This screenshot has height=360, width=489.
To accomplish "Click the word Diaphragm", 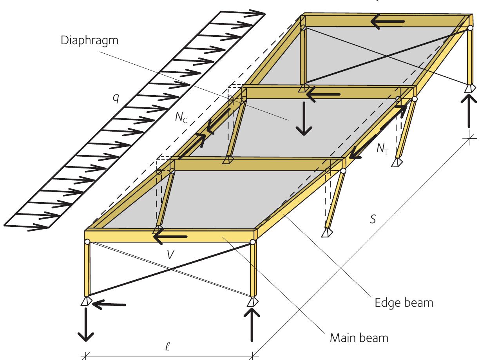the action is (x=89, y=41).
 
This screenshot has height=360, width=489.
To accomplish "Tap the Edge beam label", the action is (x=404, y=303).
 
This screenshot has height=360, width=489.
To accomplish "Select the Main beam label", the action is (x=359, y=338).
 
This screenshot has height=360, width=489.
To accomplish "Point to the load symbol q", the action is (x=116, y=99).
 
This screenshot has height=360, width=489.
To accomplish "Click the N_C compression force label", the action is (x=181, y=118).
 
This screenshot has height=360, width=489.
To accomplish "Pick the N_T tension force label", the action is (x=382, y=149).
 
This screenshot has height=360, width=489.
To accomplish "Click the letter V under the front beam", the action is (x=170, y=255).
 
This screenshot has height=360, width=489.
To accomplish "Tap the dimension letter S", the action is (x=373, y=219).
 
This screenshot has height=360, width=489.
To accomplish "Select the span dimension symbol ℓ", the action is (x=167, y=346).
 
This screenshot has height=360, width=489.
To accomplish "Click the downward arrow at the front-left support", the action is (x=86, y=325).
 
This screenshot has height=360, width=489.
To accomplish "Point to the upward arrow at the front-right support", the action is (x=252, y=325).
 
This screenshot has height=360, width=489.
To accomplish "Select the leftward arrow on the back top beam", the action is (x=388, y=22).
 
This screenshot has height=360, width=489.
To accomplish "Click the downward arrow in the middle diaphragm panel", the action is (x=304, y=119).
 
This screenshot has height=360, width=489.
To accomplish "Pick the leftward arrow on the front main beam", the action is (x=170, y=237).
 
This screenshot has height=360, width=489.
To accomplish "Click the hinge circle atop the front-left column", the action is (x=87, y=242).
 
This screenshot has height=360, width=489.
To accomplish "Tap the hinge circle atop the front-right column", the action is (x=253, y=242).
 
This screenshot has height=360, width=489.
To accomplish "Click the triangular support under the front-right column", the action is (x=253, y=302).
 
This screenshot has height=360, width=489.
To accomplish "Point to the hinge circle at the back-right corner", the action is (x=470, y=28).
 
